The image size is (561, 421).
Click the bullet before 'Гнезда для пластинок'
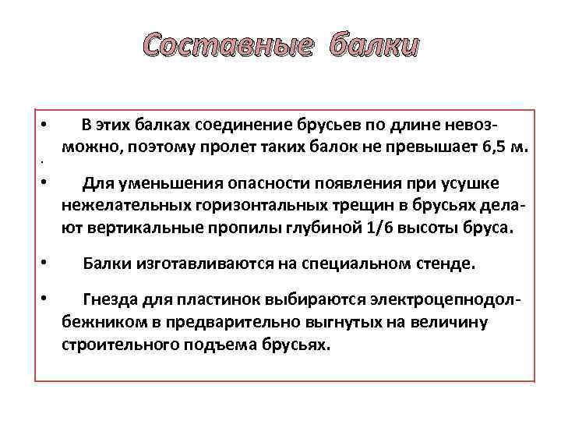click(45, 298)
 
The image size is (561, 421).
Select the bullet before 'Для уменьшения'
click(45, 182)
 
